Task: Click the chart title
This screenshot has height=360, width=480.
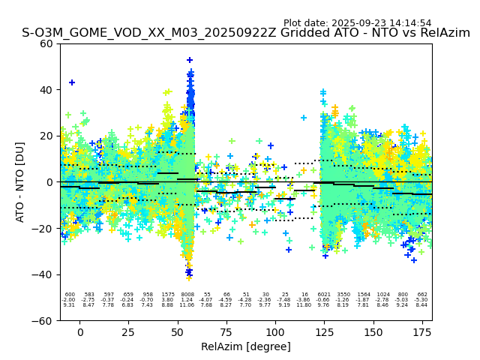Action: point(246,33)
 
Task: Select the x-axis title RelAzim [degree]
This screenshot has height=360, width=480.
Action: point(246,346)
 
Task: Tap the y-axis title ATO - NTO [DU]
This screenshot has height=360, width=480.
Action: point(20,182)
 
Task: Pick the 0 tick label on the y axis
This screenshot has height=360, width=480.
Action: point(51,182)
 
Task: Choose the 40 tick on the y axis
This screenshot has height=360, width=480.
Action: point(47,90)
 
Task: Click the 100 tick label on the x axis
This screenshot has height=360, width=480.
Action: point(275,331)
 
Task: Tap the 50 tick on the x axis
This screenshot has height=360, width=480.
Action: point(178,331)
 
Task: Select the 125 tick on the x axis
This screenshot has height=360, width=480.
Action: point(324,331)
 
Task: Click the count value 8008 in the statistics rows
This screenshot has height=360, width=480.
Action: point(187,295)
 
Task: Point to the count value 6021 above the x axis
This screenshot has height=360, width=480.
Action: point(324,295)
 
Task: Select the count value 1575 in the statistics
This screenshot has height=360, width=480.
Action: point(167,295)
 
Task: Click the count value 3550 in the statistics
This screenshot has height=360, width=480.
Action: point(343,295)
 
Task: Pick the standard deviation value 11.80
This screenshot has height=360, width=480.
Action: point(304,305)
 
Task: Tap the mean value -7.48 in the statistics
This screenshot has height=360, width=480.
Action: point(284,300)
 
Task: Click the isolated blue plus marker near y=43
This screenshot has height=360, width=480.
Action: point(72,82)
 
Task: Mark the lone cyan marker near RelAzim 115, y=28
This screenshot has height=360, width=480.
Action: point(304,118)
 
